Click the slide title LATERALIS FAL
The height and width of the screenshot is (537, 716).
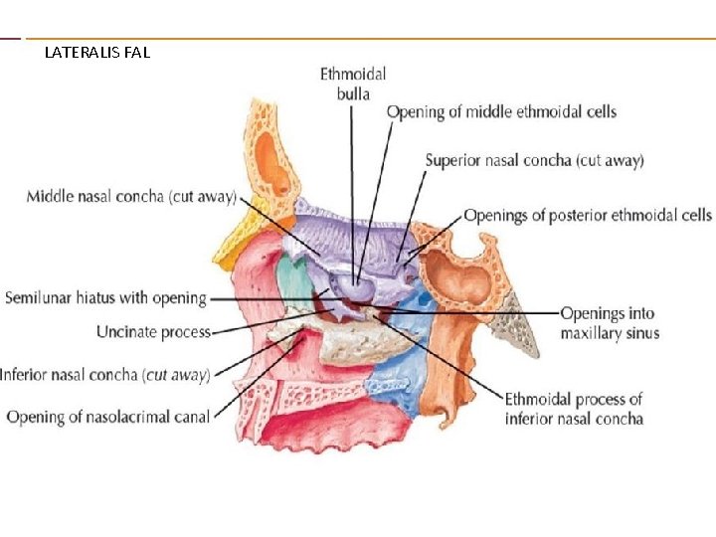tap(97, 52)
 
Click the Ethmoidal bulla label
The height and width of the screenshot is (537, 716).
tap(352, 84)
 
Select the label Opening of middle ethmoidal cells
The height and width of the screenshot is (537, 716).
tap(501, 111)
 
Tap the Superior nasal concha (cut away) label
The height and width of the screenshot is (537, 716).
tap(534, 160)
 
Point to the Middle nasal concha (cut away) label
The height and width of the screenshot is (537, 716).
tap(131, 197)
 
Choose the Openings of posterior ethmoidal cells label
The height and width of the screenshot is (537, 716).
tap(588, 215)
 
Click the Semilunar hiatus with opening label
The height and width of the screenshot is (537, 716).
tap(105, 297)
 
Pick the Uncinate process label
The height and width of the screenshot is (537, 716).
tap(153, 331)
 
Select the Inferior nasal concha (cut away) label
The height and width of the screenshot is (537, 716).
tap(104, 375)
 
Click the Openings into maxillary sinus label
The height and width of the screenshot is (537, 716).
tap(608, 323)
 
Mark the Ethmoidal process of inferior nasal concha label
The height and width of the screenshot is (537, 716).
tap(574, 409)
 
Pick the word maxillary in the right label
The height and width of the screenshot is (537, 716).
tap(590, 333)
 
